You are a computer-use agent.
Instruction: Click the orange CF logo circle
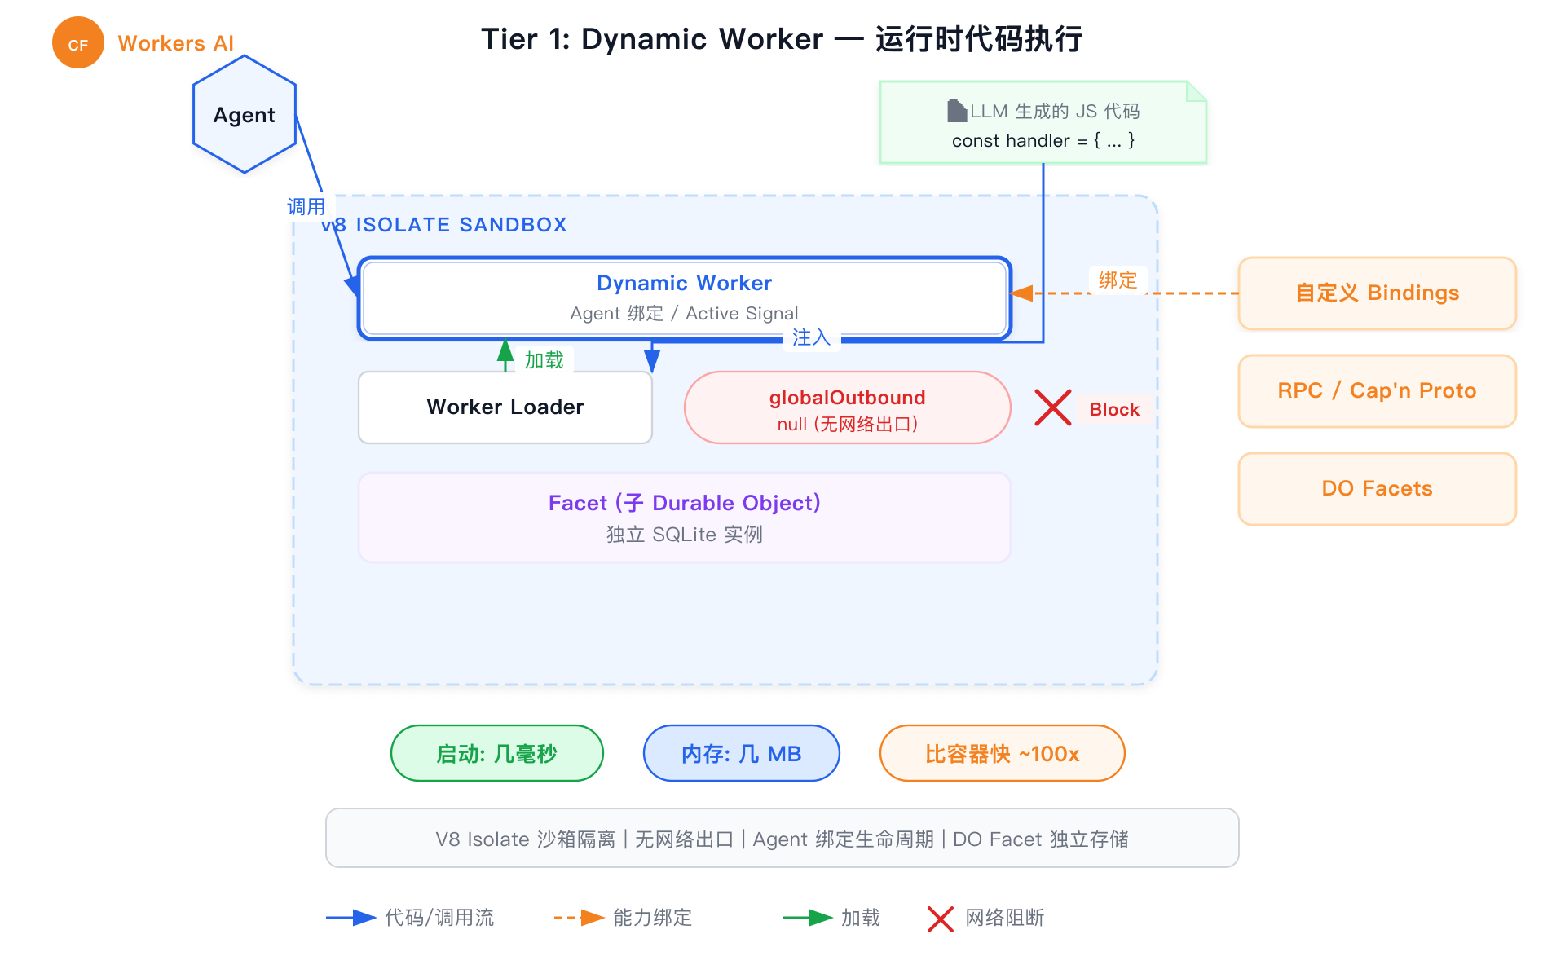(77, 43)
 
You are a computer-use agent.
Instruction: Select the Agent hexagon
(244, 114)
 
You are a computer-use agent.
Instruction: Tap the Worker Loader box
(505, 407)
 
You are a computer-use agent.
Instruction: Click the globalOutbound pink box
(847, 407)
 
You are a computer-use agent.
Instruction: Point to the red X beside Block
(1052, 407)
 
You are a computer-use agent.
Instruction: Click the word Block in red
(1113, 409)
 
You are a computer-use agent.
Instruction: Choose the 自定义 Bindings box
(1377, 293)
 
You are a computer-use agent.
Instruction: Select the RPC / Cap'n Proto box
(1377, 391)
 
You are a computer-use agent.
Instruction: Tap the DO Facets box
(1377, 488)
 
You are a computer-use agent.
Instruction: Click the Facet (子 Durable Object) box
(684, 518)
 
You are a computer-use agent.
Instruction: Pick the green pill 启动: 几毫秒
(496, 753)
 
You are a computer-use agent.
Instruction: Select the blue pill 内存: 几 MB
(741, 753)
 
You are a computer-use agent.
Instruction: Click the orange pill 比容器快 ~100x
(1002, 753)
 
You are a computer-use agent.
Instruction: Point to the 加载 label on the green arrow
(544, 360)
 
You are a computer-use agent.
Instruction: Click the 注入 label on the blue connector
(811, 337)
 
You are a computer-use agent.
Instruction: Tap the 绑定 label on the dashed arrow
(1118, 280)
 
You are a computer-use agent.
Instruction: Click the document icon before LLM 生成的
(956, 111)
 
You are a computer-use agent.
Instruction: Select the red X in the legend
(940, 919)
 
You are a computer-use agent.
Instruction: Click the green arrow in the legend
(807, 918)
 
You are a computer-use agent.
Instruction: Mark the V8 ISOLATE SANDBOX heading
(445, 225)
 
